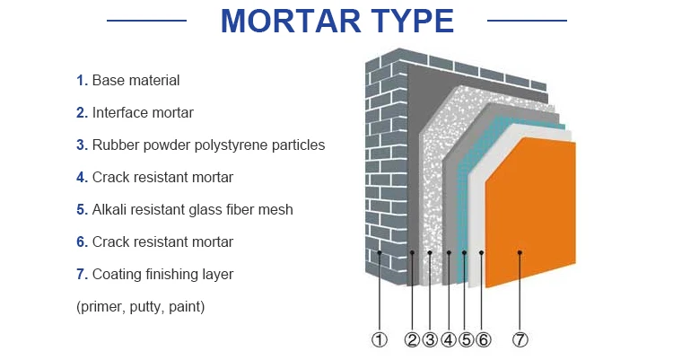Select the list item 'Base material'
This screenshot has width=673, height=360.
tap(135, 81)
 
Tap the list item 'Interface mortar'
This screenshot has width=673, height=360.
tap(143, 113)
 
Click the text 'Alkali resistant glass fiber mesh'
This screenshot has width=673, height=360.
tap(192, 210)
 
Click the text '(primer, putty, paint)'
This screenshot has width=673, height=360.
tap(141, 307)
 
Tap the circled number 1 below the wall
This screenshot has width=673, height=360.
tap(380, 339)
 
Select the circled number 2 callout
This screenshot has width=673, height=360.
tap(412, 339)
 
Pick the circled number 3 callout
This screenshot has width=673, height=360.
tap(430, 339)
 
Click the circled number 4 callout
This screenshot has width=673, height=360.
tap(448, 339)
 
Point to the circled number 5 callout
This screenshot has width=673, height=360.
tap(465, 339)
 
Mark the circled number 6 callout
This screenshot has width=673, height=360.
tap(483, 339)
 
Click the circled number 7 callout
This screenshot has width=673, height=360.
tap(520, 339)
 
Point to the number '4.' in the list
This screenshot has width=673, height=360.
tap(82, 178)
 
